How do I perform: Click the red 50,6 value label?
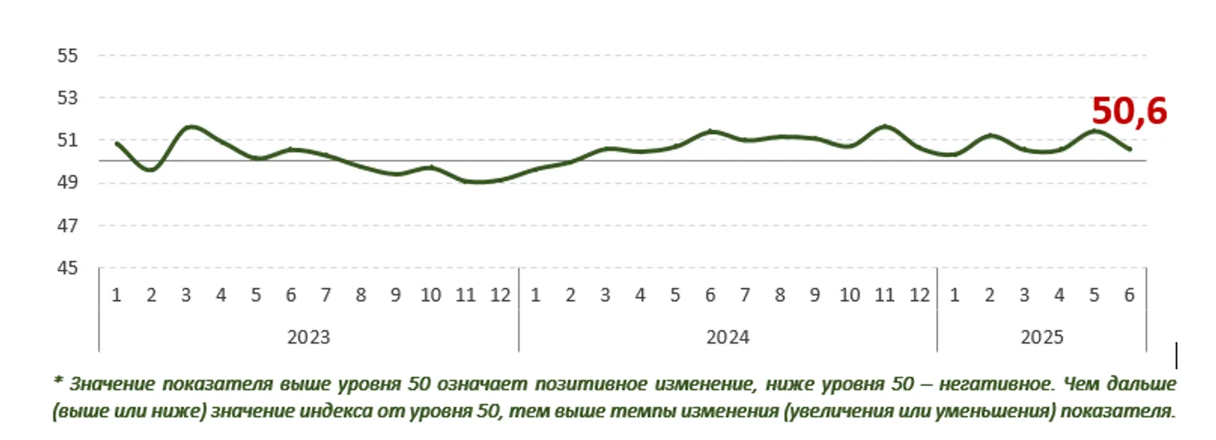click(1129, 112)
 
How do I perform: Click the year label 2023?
click(308, 338)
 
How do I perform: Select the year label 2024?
click(727, 338)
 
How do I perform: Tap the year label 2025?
click(1041, 338)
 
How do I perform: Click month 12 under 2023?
click(500, 295)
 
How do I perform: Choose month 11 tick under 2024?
click(885, 295)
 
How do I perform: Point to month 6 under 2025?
click(1129, 295)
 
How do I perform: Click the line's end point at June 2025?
click(1129, 149)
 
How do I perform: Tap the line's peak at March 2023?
click(188, 127)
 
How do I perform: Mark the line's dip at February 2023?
click(152, 169)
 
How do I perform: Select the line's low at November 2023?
click(466, 181)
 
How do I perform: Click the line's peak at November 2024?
click(885, 127)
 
